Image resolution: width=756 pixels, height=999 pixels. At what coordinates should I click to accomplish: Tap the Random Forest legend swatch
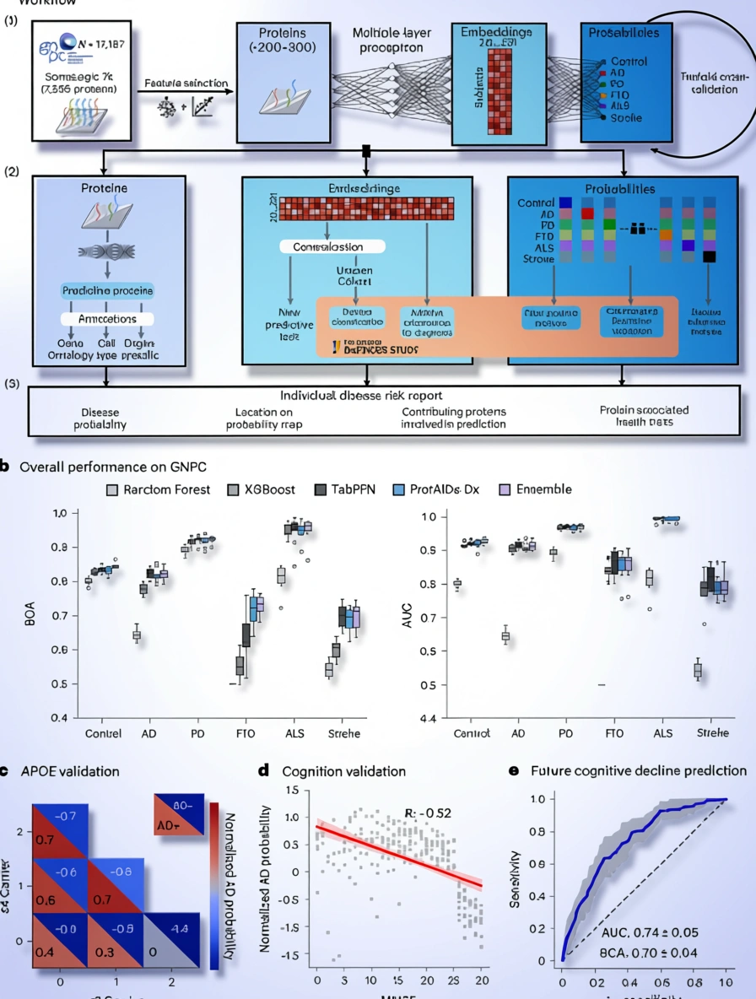[x=111, y=489]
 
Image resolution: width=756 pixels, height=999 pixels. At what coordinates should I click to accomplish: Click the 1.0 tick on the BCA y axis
[x=59, y=514]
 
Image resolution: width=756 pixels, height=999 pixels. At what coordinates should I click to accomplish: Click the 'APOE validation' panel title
[x=72, y=770]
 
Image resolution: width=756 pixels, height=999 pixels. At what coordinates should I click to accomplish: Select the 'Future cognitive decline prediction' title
[x=638, y=770]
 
